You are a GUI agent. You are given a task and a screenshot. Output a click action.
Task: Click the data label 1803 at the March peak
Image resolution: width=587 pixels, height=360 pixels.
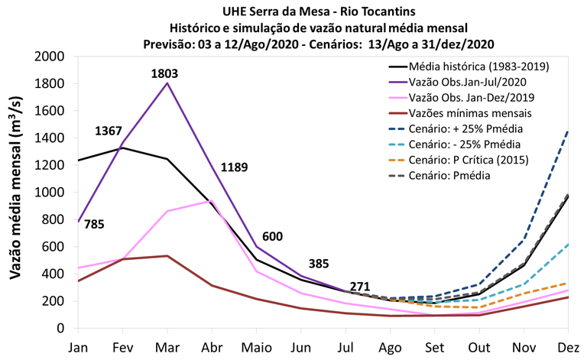point(167,74)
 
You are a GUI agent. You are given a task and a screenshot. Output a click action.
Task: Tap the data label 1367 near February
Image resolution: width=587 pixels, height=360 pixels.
point(109,131)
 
